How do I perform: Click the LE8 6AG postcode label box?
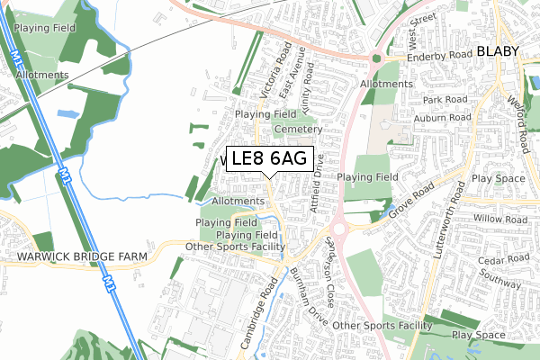(x=269, y=159)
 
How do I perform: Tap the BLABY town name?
(x=499, y=51)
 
